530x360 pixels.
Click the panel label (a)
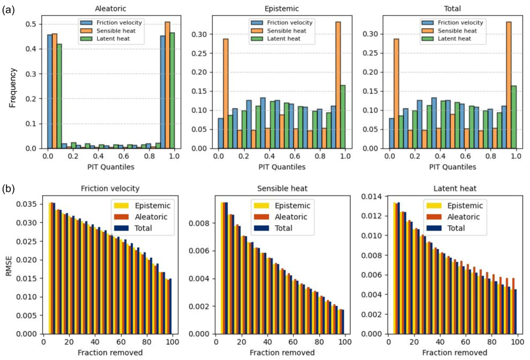click(x=10, y=11)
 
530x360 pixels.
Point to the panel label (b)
click(x=10, y=189)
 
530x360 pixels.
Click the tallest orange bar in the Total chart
click(x=509, y=85)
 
